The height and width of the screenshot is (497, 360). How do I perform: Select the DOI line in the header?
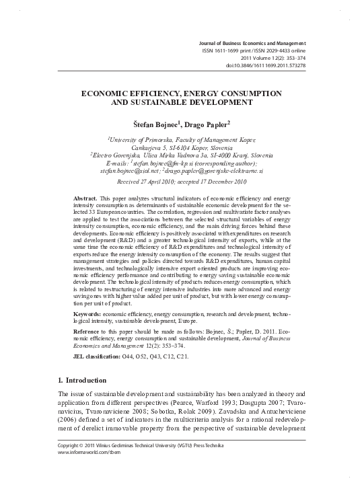coord(266,65)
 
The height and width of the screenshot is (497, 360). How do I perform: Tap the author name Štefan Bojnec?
coord(153,124)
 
